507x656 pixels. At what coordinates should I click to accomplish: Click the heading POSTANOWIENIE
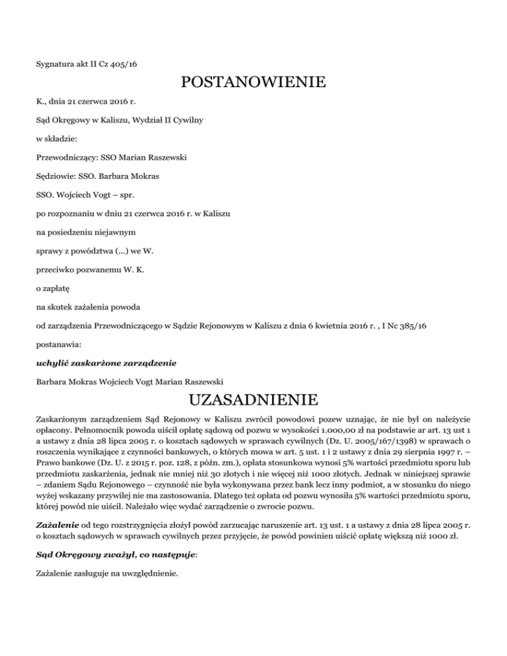pos(253,84)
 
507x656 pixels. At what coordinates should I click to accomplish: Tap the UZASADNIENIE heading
pos(253,401)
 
